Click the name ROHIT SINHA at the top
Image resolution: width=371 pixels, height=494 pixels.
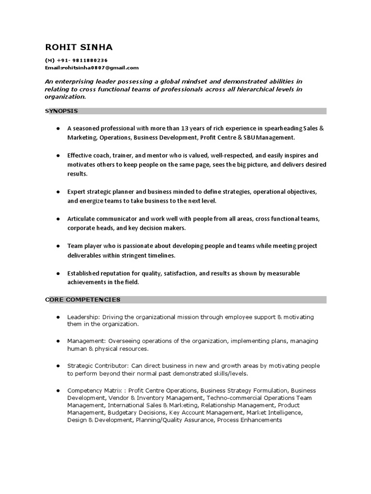[79, 47]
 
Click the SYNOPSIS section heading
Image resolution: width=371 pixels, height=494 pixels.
[61, 111]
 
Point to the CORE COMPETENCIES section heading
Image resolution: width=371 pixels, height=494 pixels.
[83, 300]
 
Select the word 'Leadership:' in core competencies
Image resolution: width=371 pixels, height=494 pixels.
[83, 317]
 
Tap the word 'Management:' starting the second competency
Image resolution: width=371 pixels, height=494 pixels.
[86, 341]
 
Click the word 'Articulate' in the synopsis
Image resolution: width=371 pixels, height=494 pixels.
[81, 219]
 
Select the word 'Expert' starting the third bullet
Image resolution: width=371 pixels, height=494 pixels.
[76, 192]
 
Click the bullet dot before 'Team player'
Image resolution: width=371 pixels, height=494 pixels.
[58, 246]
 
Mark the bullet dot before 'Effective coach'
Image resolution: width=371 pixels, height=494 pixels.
[58, 156]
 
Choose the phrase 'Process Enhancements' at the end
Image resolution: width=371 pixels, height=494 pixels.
[249, 420]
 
